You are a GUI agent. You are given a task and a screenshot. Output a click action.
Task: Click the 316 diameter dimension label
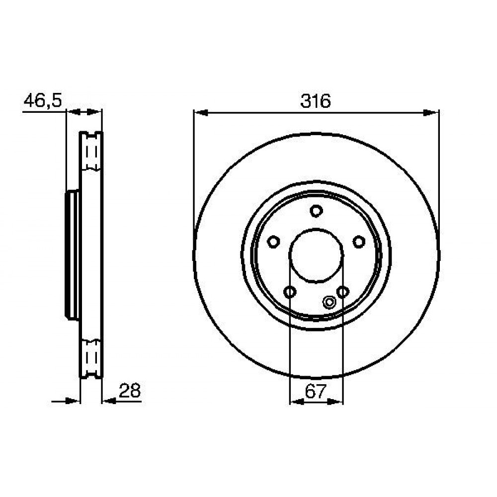tap(316, 101)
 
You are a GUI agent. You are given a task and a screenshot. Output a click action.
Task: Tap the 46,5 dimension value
tap(43, 100)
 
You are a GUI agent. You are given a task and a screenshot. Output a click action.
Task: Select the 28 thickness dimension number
tap(129, 391)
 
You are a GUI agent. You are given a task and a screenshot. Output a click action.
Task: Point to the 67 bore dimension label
tap(316, 391)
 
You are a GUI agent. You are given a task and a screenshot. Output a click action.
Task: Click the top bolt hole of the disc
tap(316, 211)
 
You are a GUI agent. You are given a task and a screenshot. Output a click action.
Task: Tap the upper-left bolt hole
tap(273, 242)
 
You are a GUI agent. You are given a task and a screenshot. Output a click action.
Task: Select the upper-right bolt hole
tap(359, 242)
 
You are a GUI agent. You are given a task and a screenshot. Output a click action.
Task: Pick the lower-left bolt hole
tap(290, 292)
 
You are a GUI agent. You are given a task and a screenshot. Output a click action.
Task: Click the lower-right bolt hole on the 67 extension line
tap(343, 292)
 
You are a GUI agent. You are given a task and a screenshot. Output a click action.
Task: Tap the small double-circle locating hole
tap(330, 302)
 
